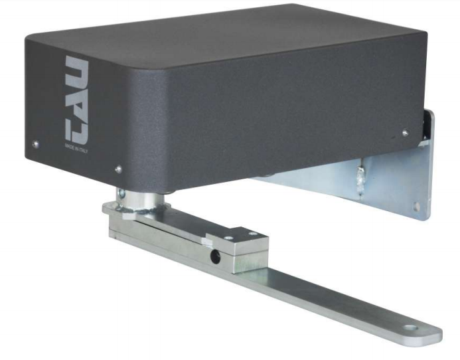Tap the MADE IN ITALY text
[72, 145]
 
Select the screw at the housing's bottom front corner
[117, 169]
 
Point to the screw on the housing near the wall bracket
[405, 133]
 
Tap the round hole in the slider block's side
[214, 254]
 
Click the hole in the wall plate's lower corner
[417, 206]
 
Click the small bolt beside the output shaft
[122, 193]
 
